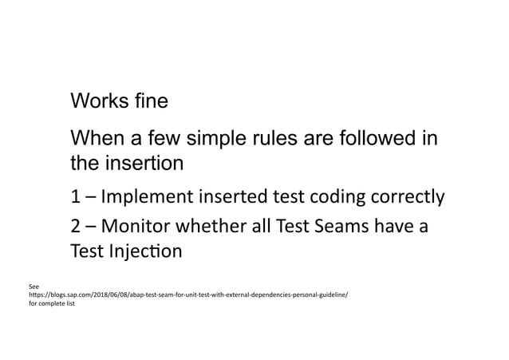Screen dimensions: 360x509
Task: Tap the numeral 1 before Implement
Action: point(76,198)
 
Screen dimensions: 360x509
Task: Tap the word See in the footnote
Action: point(34,285)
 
